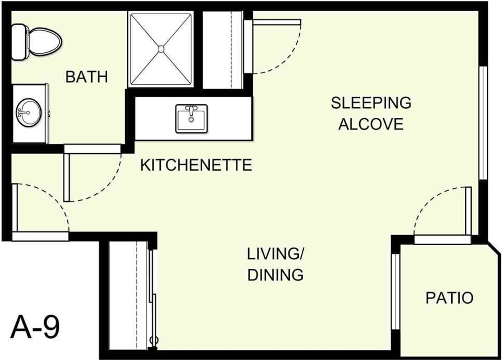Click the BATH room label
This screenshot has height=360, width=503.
pos(87,77)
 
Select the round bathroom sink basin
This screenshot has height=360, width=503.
pos(26,113)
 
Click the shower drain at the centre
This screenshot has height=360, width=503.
pos(161,49)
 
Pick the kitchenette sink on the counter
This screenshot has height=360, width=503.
pos(191,119)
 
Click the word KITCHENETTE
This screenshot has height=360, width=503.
pos(196,165)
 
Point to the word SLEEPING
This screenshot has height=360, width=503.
pos(371,103)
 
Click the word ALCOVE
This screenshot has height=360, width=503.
pos(371,124)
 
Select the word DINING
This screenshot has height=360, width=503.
pos(276,275)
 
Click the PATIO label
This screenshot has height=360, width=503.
pos(449,298)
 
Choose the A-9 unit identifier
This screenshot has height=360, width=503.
pos(35,328)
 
